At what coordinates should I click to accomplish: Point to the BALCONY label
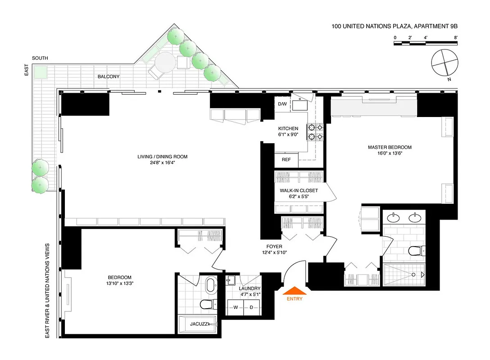(x=109, y=76)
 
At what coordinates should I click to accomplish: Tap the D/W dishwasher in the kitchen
(x=282, y=104)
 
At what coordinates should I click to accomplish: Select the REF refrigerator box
(x=286, y=160)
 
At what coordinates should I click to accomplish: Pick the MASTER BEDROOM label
(x=390, y=147)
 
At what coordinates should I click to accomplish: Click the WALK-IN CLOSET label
(x=299, y=190)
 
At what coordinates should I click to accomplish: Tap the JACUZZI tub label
(x=199, y=324)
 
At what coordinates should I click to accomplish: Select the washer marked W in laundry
(x=235, y=308)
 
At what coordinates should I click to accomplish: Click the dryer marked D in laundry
(x=252, y=308)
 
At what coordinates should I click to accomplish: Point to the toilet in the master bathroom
(x=415, y=251)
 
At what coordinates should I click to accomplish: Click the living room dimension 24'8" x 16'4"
(x=162, y=163)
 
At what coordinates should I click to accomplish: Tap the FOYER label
(x=274, y=247)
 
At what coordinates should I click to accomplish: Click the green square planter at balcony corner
(x=41, y=72)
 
